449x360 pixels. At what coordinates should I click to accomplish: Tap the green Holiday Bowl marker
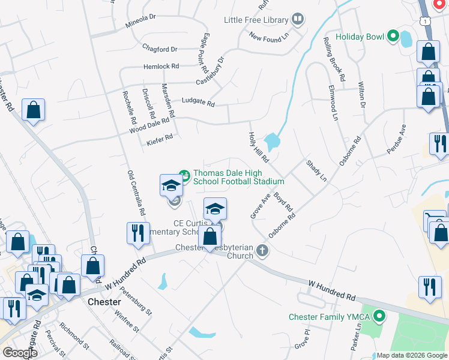click(x=393, y=37)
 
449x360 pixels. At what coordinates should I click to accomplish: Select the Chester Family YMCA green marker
click(x=379, y=316)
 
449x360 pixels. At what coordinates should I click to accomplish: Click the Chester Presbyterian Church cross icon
click(x=261, y=250)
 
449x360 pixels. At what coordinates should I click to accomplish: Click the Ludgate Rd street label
click(x=198, y=103)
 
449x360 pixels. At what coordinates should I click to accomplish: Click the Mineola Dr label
click(x=141, y=25)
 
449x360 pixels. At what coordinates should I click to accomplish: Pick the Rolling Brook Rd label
click(x=334, y=59)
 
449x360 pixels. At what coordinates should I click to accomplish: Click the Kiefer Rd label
click(x=160, y=140)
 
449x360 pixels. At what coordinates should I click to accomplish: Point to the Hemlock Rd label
click(x=161, y=67)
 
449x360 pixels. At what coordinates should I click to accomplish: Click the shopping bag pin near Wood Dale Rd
click(x=34, y=110)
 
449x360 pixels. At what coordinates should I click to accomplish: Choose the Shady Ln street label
click(x=316, y=171)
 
